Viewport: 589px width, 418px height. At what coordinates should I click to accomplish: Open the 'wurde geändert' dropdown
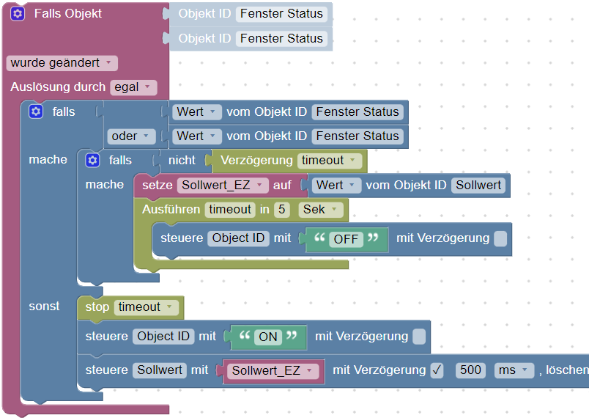[62, 63]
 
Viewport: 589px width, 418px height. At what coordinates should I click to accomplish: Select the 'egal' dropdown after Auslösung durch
[133, 87]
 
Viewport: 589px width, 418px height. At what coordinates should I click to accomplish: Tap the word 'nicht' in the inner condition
[182, 160]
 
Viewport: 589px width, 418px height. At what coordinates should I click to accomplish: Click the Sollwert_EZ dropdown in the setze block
[223, 185]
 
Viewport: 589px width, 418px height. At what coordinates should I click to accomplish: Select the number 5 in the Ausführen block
[281, 210]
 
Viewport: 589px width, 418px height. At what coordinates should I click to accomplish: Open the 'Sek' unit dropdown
[321, 210]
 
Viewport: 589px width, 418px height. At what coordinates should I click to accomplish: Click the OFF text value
[346, 238]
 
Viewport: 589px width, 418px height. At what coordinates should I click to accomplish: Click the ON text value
[268, 337]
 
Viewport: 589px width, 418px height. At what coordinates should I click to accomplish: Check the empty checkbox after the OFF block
[500, 238]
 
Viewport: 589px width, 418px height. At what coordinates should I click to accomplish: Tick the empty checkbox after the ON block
[419, 337]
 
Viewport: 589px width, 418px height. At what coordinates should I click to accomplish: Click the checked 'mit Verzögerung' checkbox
[437, 370]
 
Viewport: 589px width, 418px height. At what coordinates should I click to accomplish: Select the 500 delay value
[470, 370]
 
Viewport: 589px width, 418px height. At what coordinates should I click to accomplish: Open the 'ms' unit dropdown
[514, 370]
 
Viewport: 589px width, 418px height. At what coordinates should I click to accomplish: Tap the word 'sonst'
[44, 306]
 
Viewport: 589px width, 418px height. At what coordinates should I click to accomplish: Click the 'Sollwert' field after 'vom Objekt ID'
[478, 185]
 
